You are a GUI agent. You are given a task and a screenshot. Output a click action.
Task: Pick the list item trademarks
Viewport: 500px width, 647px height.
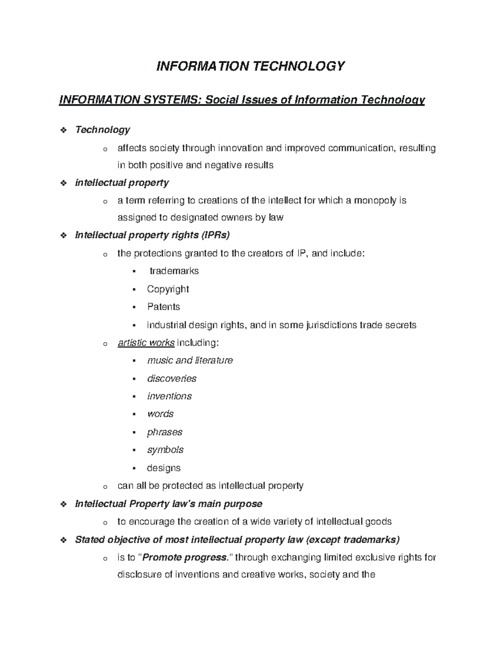click(174, 271)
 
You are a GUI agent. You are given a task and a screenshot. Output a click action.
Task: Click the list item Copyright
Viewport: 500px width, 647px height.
click(168, 289)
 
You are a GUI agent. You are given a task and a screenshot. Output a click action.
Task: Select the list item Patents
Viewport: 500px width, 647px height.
click(163, 307)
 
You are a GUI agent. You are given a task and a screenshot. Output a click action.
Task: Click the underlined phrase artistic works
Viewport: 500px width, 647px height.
click(146, 343)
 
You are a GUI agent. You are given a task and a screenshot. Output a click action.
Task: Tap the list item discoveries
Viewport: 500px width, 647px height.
click(172, 379)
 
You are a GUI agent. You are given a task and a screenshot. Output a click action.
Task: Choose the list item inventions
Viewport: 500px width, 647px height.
click(169, 396)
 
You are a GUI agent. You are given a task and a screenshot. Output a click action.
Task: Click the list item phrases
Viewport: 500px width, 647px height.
click(165, 432)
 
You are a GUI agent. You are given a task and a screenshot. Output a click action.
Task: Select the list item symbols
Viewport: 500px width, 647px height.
click(165, 450)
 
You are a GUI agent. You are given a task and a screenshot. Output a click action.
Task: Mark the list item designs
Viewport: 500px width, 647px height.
click(163, 468)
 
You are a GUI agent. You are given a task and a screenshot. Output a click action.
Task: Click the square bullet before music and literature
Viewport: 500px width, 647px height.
click(134, 361)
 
